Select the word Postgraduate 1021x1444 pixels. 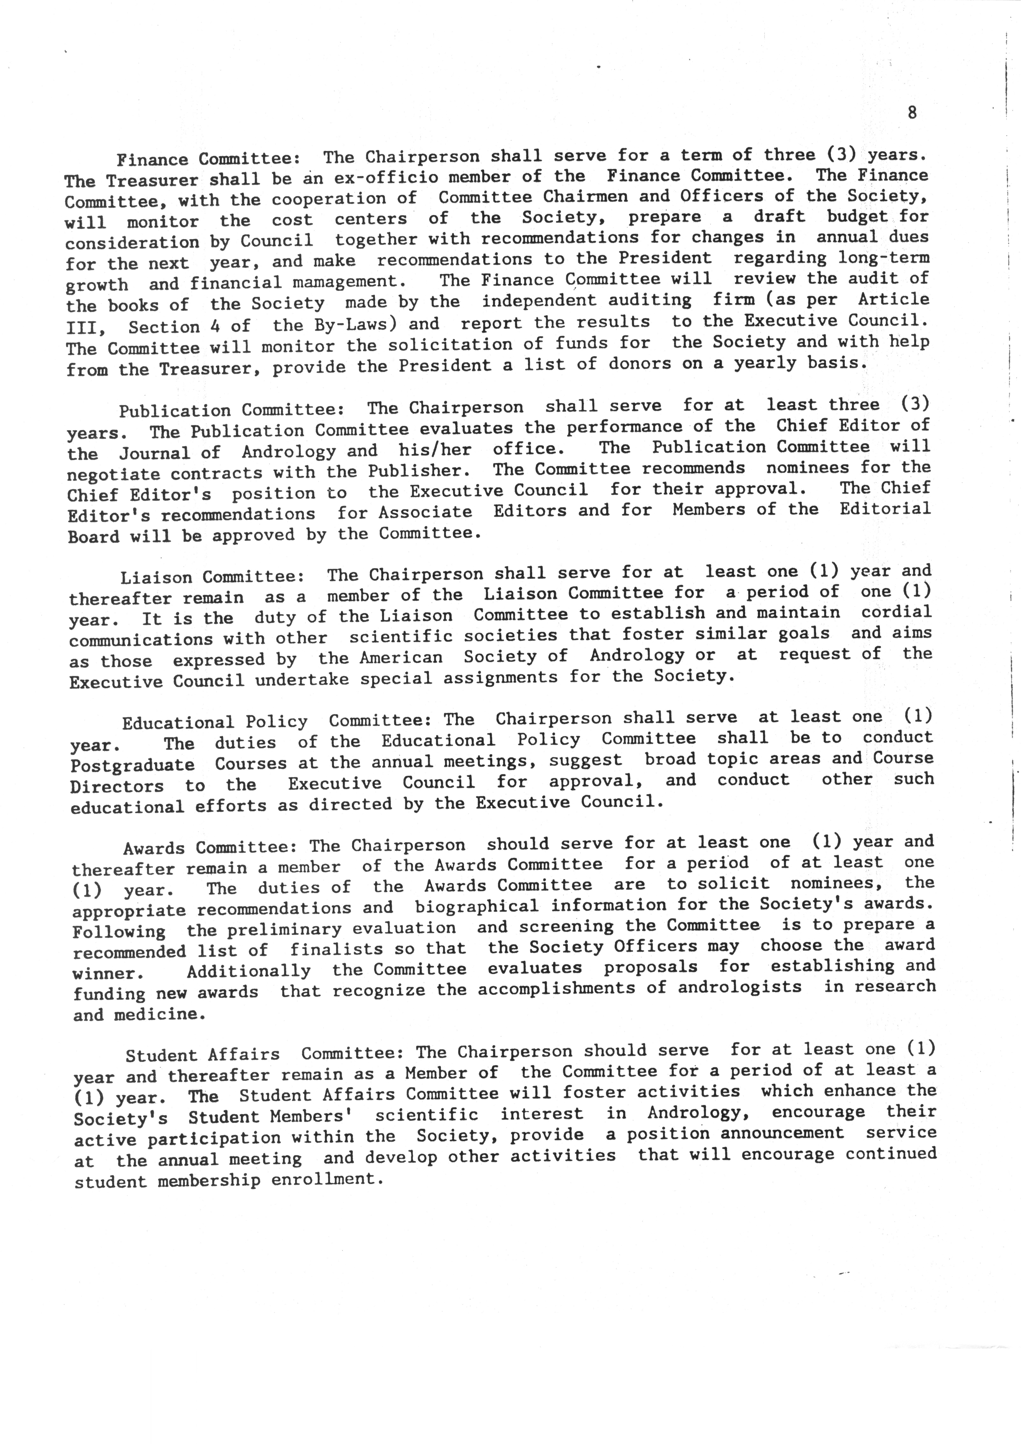133,765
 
